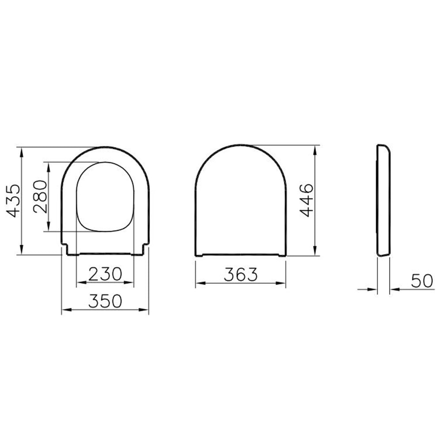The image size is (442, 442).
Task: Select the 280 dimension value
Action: pos(40,196)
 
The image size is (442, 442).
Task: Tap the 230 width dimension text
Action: pos(105,274)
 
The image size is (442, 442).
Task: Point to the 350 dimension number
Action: pos(105,301)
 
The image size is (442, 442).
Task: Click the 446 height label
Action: pos(306,200)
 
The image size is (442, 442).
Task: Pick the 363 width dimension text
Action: pos(240,274)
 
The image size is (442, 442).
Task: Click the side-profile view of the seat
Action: pos(383,200)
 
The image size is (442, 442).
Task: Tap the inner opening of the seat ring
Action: pos(105,197)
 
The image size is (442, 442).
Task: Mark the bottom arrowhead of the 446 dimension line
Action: pos(314,251)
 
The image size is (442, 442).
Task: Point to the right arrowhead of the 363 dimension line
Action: pos(282,283)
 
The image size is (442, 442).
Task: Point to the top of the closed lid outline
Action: pos(240,145)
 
